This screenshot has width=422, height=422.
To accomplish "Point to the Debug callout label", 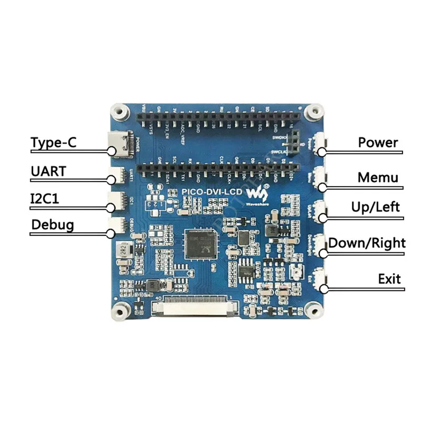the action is point(52,225).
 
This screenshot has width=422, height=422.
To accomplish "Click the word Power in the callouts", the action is point(378,142).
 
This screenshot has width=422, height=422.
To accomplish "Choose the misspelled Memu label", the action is point(378,177).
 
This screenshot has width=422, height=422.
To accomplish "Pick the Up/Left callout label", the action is point(375,207).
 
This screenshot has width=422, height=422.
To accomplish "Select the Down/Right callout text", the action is point(367,243).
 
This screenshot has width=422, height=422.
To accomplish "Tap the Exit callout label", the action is point(389,279).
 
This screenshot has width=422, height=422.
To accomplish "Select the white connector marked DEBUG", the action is point(117,225).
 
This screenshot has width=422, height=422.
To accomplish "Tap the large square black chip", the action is point(199,244).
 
